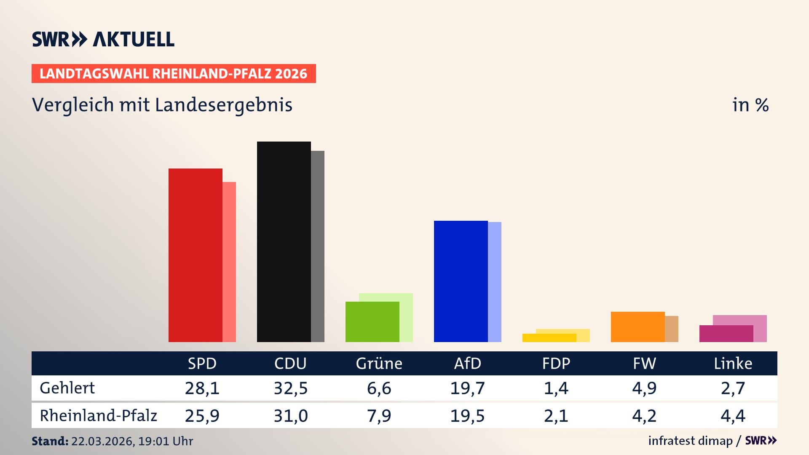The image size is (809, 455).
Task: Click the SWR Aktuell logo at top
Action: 103,39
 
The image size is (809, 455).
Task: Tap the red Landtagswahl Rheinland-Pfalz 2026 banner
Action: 174,74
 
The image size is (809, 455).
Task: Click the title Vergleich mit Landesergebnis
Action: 162,105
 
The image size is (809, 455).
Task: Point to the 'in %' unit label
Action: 750,105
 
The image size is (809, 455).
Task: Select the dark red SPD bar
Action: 195,255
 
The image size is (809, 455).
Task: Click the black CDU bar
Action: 284,242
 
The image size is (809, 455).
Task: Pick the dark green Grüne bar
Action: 372,322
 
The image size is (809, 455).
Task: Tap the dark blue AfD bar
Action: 461,281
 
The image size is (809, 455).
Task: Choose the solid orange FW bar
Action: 638,327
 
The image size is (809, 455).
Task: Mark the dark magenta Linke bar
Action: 726,334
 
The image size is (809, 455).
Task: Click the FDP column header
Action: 556,364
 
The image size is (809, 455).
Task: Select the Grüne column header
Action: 379,364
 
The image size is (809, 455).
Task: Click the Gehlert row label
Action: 67,388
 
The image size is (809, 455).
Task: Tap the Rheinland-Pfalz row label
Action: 98,416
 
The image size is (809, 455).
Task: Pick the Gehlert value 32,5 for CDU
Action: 291,388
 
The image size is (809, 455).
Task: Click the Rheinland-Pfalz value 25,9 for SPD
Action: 202,416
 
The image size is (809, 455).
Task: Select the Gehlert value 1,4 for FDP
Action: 556,388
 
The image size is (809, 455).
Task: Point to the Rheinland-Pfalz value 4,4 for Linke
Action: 733,416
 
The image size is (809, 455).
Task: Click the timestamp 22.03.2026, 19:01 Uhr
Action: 132,441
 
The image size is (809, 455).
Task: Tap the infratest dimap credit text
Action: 690,441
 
